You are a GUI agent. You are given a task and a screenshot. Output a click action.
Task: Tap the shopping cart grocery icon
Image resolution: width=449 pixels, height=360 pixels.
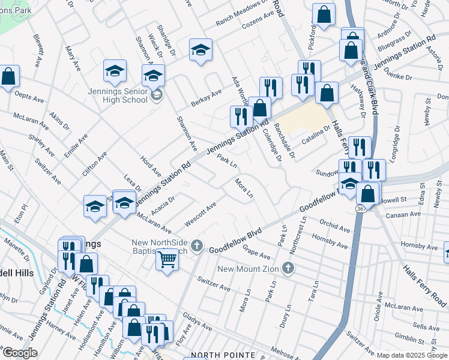click(x=167, y=260)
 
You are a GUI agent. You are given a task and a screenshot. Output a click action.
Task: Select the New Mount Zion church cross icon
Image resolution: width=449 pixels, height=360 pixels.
click(x=288, y=268)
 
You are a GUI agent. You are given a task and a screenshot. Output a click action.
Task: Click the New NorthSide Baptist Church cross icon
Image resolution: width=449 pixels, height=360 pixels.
click(x=197, y=245)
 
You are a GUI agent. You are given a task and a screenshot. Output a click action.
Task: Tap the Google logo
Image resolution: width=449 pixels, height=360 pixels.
click(x=19, y=353)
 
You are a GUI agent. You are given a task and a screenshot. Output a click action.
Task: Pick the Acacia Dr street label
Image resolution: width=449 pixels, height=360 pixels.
click(x=163, y=205)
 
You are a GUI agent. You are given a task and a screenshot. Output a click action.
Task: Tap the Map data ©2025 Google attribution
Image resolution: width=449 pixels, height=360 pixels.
click(x=412, y=355)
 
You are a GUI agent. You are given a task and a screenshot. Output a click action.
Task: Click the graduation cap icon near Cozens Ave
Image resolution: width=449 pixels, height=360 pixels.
click(x=200, y=50)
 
